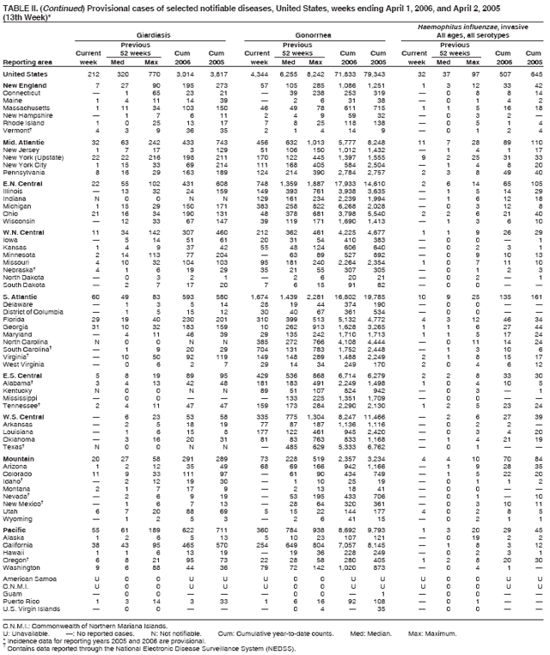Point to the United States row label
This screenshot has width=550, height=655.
(x=26, y=75)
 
